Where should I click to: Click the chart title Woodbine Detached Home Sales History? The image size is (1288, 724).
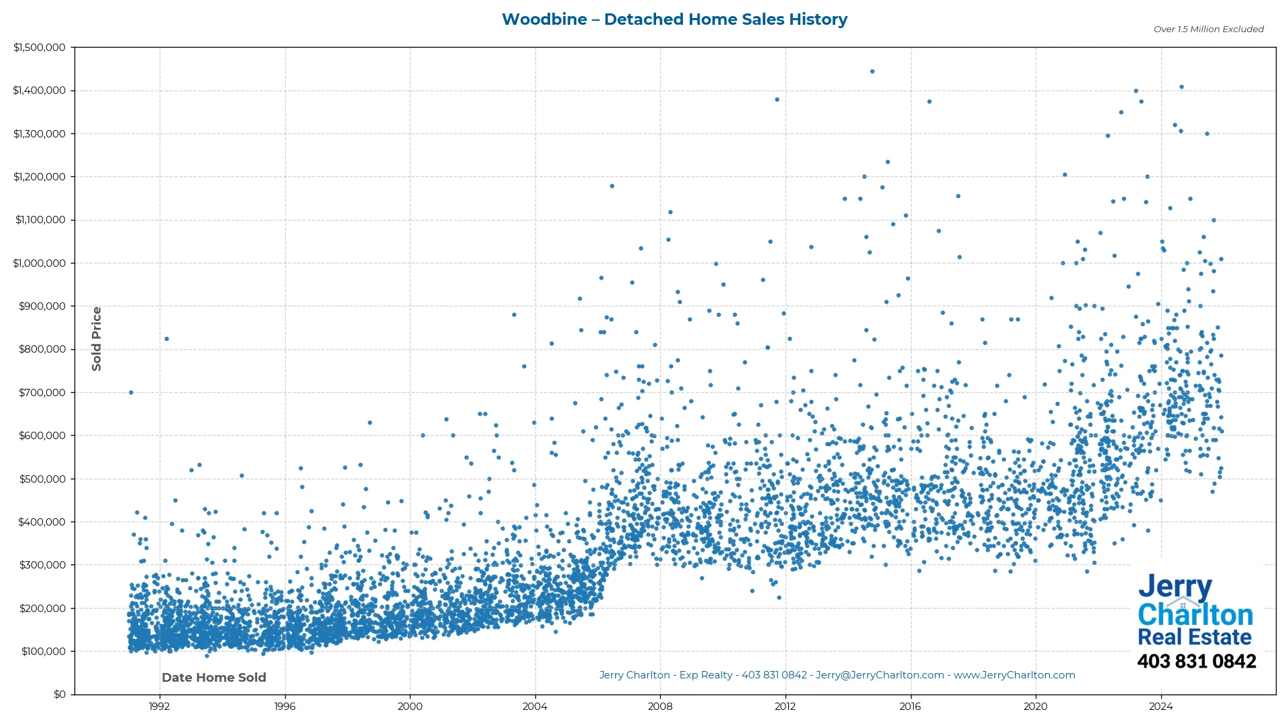(674, 19)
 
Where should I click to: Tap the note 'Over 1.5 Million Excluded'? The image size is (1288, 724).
(1208, 29)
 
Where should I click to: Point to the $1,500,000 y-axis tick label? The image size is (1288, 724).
(40, 48)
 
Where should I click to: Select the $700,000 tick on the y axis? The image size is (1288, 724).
(42, 393)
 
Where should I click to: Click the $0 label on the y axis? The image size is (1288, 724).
(60, 695)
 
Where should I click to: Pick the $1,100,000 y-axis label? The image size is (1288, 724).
(40, 220)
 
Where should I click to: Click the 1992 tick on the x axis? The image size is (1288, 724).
(159, 707)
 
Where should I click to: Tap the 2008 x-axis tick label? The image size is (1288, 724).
(660, 707)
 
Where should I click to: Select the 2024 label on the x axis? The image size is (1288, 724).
(1161, 707)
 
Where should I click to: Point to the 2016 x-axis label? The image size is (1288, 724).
(910, 707)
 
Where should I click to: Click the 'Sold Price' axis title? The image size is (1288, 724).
(97, 339)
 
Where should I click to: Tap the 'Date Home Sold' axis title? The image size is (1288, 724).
(214, 678)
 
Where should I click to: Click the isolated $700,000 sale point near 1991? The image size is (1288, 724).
(131, 393)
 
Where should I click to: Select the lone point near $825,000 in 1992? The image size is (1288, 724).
(166, 339)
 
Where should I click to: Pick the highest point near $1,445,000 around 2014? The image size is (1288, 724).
(872, 72)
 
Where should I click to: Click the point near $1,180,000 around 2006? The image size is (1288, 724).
(612, 186)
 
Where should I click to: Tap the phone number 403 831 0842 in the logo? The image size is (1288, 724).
(1196, 662)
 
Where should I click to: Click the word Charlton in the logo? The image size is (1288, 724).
(1195, 615)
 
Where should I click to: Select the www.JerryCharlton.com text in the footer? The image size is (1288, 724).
(1014, 676)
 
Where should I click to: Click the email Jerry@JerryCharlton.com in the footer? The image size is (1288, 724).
(879, 676)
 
